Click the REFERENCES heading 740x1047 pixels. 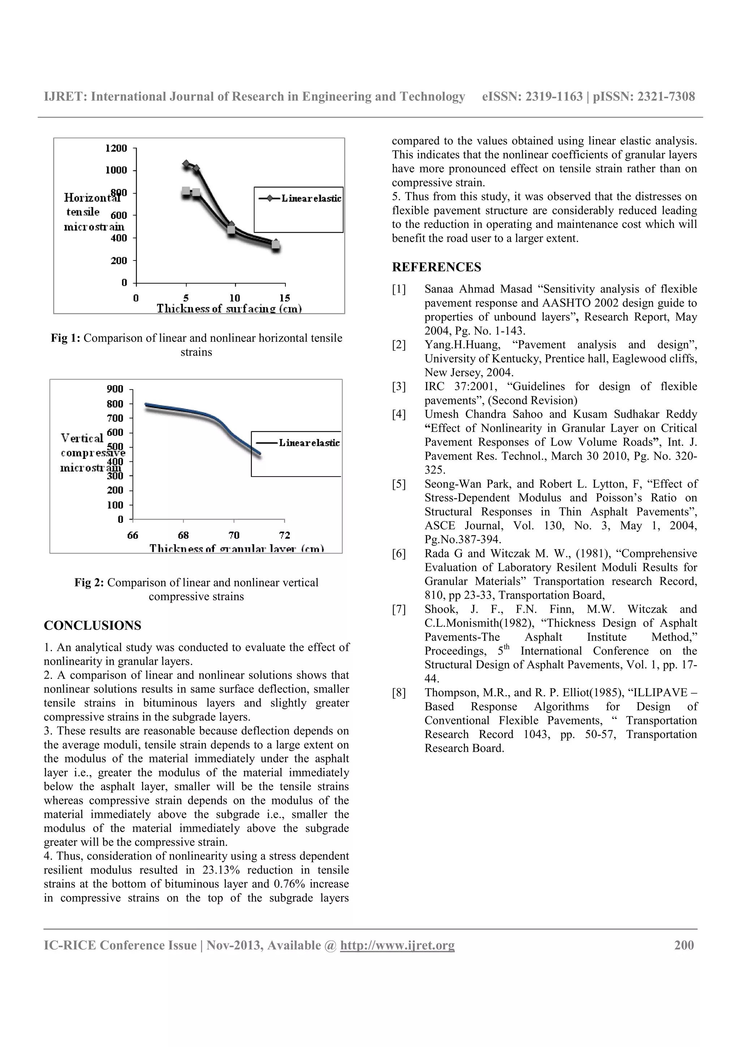coord(436,267)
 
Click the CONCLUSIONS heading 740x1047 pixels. coord(92,626)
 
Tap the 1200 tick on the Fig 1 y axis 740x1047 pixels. coord(116,148)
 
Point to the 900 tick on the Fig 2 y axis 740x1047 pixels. coord(115,389)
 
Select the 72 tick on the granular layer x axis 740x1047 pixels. coord(284,535)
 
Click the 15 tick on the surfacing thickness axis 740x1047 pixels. coord(284,298)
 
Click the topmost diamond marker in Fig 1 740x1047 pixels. coord(186,163)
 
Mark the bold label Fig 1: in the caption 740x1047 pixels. coord(66,339)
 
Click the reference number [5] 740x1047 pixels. coord(399,484)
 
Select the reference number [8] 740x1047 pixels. coord(399,693)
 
